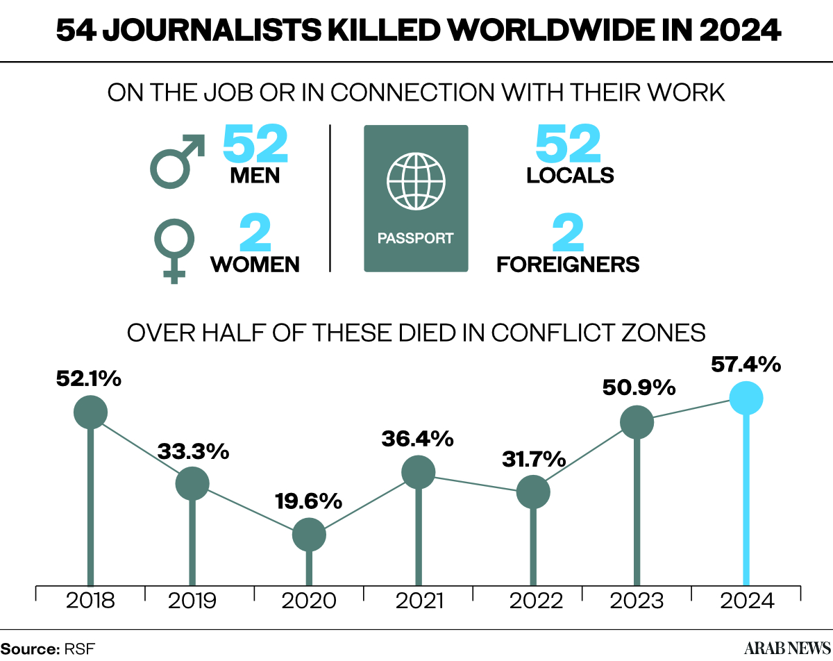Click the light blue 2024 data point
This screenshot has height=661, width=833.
tap(746, 398)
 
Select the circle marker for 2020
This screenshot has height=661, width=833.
tap(309, 535)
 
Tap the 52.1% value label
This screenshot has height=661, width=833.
tap(89, 378)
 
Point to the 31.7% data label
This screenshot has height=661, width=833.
tap(534, 459)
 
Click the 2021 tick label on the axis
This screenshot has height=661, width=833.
tap(419, 601)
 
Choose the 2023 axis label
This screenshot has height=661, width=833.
tap(637, 601)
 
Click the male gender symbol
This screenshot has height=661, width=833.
tap(177, 162)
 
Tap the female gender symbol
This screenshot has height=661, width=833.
tap(174, 251)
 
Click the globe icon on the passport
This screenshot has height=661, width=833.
tap(416, 182)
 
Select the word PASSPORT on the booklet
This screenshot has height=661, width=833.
tap(415, 238)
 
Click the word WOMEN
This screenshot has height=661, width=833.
tap(255, 265)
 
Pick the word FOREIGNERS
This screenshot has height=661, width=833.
tap(568, 265)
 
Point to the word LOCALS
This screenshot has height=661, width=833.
tap(570, 176)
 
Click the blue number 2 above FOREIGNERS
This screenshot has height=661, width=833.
tap(568, 233)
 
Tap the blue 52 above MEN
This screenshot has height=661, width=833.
tap(255, 143)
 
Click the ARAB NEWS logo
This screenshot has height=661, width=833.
tap(787, 648)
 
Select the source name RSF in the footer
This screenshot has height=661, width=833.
tap(80, 649)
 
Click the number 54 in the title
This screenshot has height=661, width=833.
tap(76, 31)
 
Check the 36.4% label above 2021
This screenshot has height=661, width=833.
tap(417, 439)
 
